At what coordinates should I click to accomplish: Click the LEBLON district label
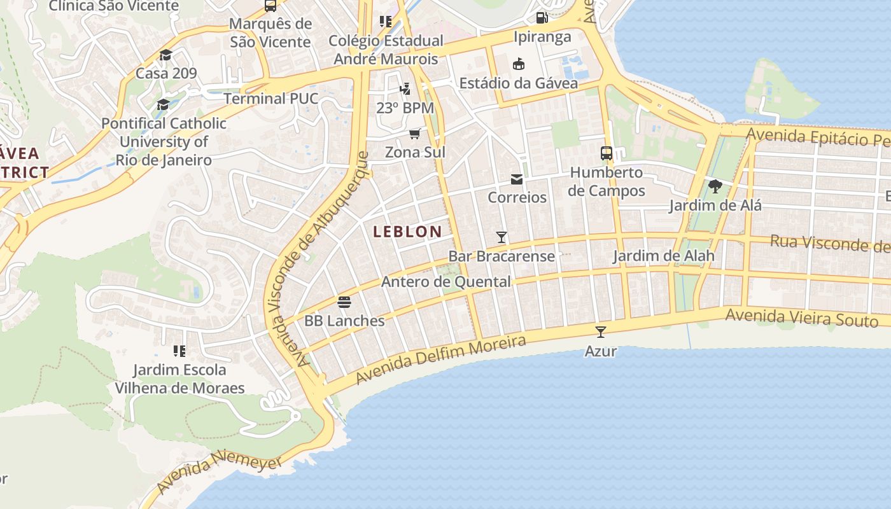pos(407,232)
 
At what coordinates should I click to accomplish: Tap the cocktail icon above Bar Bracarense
pos(502,237)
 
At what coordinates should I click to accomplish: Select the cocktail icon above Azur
pos(600,331)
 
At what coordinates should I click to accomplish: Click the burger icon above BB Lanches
pos(344,302)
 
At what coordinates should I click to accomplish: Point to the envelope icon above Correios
pos(517,179)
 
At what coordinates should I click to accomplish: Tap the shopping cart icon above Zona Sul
pos(415,134)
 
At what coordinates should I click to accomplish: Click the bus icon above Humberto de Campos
pos(607,153)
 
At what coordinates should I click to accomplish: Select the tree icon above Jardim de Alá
pos(715,186)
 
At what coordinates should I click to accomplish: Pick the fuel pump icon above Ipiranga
pos(542,18)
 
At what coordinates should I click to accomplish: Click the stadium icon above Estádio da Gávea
pos(519,64)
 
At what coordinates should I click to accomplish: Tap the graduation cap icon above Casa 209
pos(166,55)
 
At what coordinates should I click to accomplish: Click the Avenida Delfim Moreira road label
pos(440,360)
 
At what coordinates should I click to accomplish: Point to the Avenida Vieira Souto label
pos(802,316)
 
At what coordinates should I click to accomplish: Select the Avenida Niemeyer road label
pos(220,473)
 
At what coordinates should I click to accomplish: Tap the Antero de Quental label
pos(445,282)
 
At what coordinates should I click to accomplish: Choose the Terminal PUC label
pos(270,99)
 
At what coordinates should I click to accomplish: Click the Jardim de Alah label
pos(663,256)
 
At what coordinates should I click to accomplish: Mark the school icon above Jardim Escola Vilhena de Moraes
pos(179,351)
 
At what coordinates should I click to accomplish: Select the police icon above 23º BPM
pos(405,88)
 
